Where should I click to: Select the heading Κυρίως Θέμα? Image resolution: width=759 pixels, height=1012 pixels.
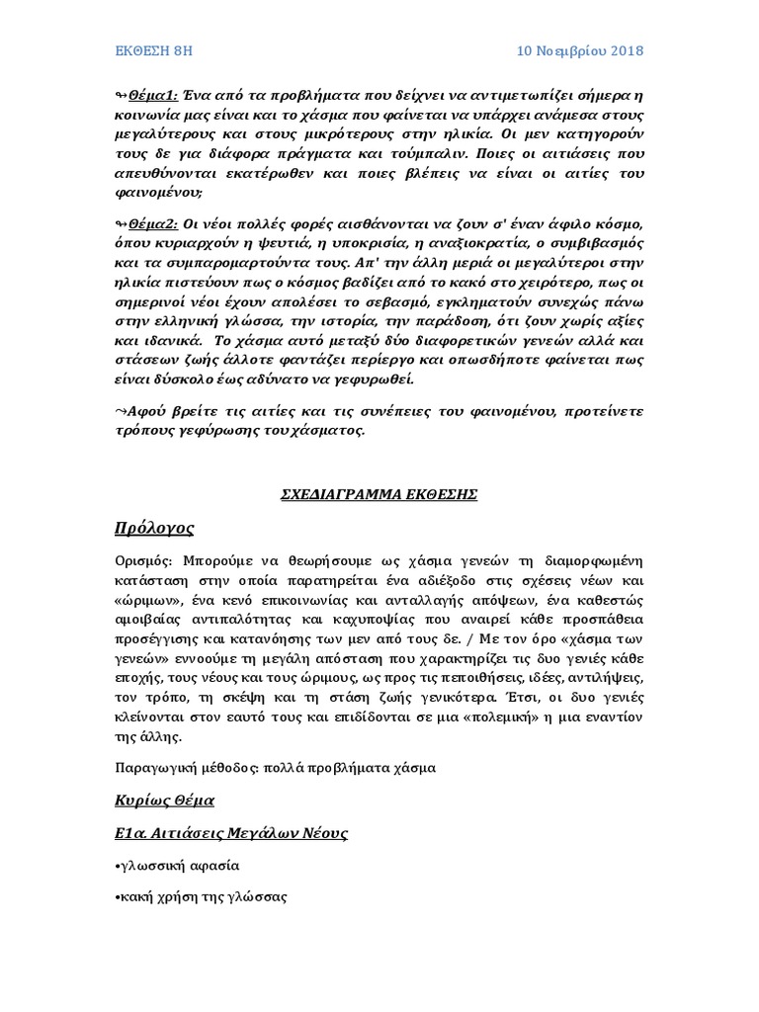pos(164,799)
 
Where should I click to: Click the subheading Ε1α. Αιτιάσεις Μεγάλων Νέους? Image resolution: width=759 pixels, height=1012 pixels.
pos(229,833)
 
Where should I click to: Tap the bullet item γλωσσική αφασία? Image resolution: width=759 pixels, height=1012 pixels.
pos(178,866)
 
